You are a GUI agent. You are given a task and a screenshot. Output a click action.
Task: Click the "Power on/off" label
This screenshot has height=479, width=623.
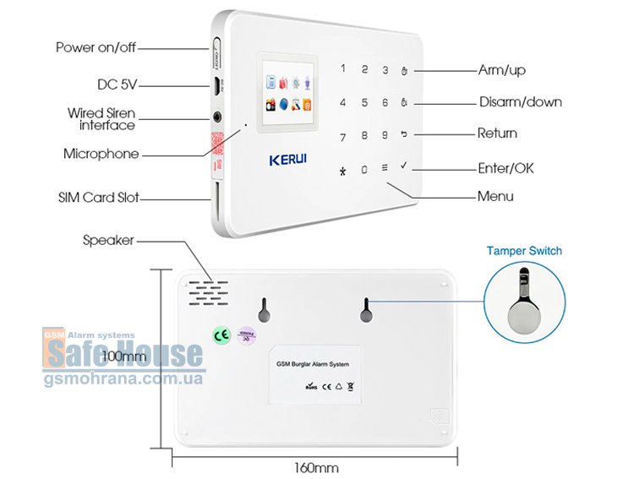point(96,47)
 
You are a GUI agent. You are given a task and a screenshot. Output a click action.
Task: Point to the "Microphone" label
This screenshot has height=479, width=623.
point(101,155)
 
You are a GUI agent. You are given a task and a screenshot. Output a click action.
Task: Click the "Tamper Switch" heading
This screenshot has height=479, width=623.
point(524,251)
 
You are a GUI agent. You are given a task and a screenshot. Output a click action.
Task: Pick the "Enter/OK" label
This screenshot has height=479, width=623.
point(506,168)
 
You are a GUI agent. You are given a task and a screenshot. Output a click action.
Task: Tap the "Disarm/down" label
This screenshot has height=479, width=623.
point(521,102)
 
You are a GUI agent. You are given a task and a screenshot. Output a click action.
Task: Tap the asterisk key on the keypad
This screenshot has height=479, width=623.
point(342,169)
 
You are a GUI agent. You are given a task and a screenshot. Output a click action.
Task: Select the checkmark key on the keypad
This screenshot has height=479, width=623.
point(405,166)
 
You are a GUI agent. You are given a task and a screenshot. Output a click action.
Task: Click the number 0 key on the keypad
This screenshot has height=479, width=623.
point(364,169)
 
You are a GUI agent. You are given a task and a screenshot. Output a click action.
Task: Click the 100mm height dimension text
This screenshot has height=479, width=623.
point(123,357)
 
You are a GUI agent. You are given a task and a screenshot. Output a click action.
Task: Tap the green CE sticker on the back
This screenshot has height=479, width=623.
point(219,335)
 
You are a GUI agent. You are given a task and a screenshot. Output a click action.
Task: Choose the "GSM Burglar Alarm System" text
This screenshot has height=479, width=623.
point(312,364)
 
